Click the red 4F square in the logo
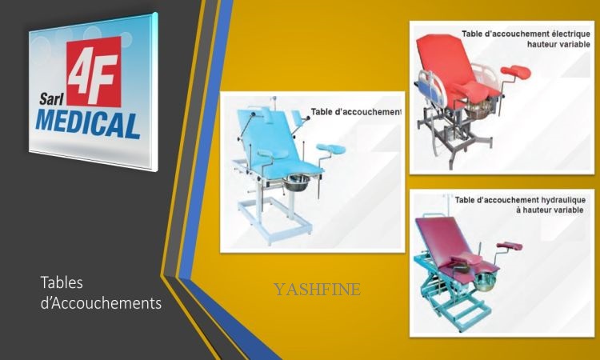coord(94,71)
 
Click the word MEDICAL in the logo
coord(88,124)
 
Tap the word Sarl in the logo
coord(51,99)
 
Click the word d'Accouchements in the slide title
coord(101,303)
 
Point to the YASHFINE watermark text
coord(317,290)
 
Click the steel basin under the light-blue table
coord(297,182)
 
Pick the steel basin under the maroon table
coord(485,281)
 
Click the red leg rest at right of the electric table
coord(515,71)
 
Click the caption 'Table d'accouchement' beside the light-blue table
coord(356,112)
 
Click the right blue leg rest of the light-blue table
coord(331,149)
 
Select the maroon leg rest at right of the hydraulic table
coord(510,246)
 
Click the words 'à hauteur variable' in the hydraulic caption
coord(550,210)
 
